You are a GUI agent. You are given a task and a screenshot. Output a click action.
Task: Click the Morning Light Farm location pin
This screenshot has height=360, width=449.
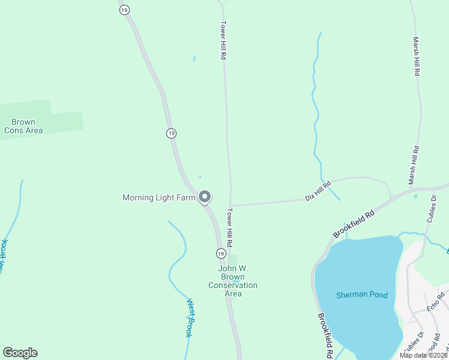click(205, 196)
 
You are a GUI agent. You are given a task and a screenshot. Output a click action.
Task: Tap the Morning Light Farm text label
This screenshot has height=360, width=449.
click(159, 197)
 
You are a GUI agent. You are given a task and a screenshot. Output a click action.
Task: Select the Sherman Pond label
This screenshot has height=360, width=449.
click(361, 295)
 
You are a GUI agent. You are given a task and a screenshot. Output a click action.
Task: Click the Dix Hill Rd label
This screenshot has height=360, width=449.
click(318, 191)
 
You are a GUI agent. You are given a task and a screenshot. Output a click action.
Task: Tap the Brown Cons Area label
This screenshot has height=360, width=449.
click(23, 126)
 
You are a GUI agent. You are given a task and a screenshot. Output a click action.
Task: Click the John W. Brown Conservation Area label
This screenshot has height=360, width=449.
click(233, 281)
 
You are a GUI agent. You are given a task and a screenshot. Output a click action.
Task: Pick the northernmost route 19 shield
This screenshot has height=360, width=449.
click(124, 10)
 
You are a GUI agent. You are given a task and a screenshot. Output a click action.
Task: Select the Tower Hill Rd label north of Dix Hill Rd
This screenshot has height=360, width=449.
click(223, 40)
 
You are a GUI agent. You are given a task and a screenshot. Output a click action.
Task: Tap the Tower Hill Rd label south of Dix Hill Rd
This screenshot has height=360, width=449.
click(230, 227)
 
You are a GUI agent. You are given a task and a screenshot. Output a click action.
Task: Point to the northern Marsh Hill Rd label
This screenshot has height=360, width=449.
click(416, 56)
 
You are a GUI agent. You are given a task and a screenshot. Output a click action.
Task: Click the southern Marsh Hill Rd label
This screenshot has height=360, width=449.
click(413, 165)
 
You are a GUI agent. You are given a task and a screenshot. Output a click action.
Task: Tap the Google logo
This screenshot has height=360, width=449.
click(20, 353)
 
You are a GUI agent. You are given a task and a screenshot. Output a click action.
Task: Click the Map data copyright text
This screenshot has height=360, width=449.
click(423, 355)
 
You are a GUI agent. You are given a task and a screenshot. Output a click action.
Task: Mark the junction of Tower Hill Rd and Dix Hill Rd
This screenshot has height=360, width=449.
click(230, 206)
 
